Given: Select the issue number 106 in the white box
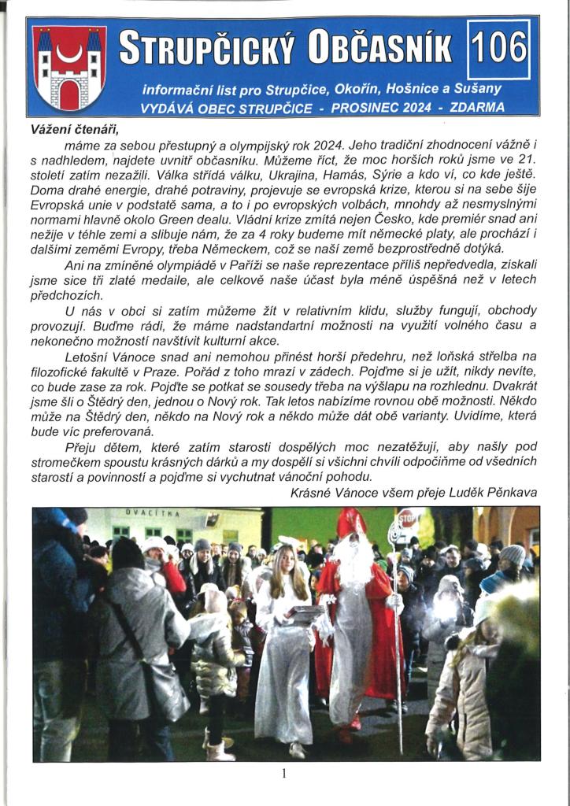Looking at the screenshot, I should pos(498,49).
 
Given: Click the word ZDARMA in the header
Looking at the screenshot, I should pos(477,108).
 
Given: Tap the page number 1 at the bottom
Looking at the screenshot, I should pos(283,774).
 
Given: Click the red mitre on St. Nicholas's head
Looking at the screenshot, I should pos(350,522).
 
